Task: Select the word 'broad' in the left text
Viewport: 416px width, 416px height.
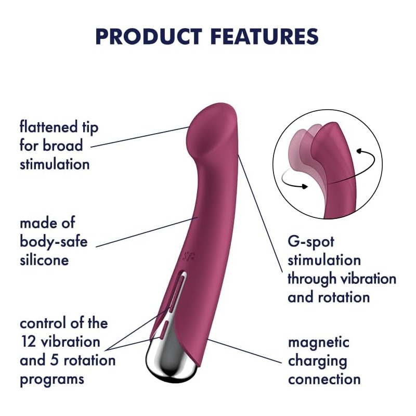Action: click(66, 146)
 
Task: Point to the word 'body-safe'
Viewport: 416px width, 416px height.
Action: click(54, 241)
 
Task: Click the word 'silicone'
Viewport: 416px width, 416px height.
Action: click(44, 259)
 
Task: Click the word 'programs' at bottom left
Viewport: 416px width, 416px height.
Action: click(52, 380)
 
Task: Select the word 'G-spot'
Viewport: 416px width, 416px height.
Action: click(311, 242)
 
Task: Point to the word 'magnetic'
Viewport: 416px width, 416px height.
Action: click(318, 343)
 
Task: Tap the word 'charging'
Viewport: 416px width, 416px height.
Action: click(317, 361)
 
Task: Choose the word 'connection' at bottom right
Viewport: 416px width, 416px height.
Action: click(324, 380)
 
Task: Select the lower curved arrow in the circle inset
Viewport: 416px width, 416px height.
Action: click(293, 180)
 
